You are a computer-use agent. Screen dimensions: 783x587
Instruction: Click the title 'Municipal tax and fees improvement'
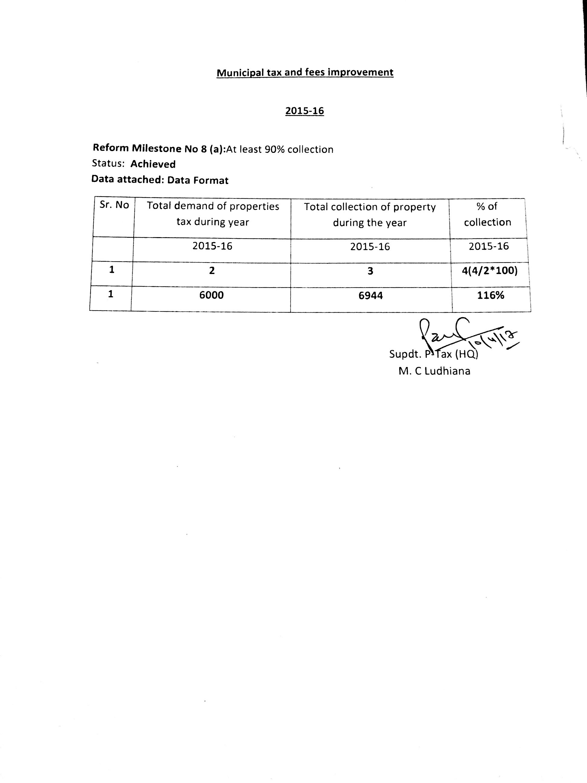(305, 72)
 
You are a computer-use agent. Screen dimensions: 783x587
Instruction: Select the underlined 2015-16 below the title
(304, 111)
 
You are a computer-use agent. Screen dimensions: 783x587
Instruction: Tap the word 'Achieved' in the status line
(153, 164)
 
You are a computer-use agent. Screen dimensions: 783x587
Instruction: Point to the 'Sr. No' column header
(114, 205)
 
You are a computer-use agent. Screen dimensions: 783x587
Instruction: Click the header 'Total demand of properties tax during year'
(213, 214)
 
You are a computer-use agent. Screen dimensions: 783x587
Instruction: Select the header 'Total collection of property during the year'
(370, 214)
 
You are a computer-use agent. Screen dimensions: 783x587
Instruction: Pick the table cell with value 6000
(211, 295)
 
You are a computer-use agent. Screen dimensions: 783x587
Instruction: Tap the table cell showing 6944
(370, 295)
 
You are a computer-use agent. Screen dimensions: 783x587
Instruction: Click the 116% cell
(490, 295)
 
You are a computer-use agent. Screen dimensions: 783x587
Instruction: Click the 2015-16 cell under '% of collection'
(489, 246)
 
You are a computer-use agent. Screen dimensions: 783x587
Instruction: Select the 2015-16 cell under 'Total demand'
(212, 246)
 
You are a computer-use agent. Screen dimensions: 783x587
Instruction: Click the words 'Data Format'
(198, 181)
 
